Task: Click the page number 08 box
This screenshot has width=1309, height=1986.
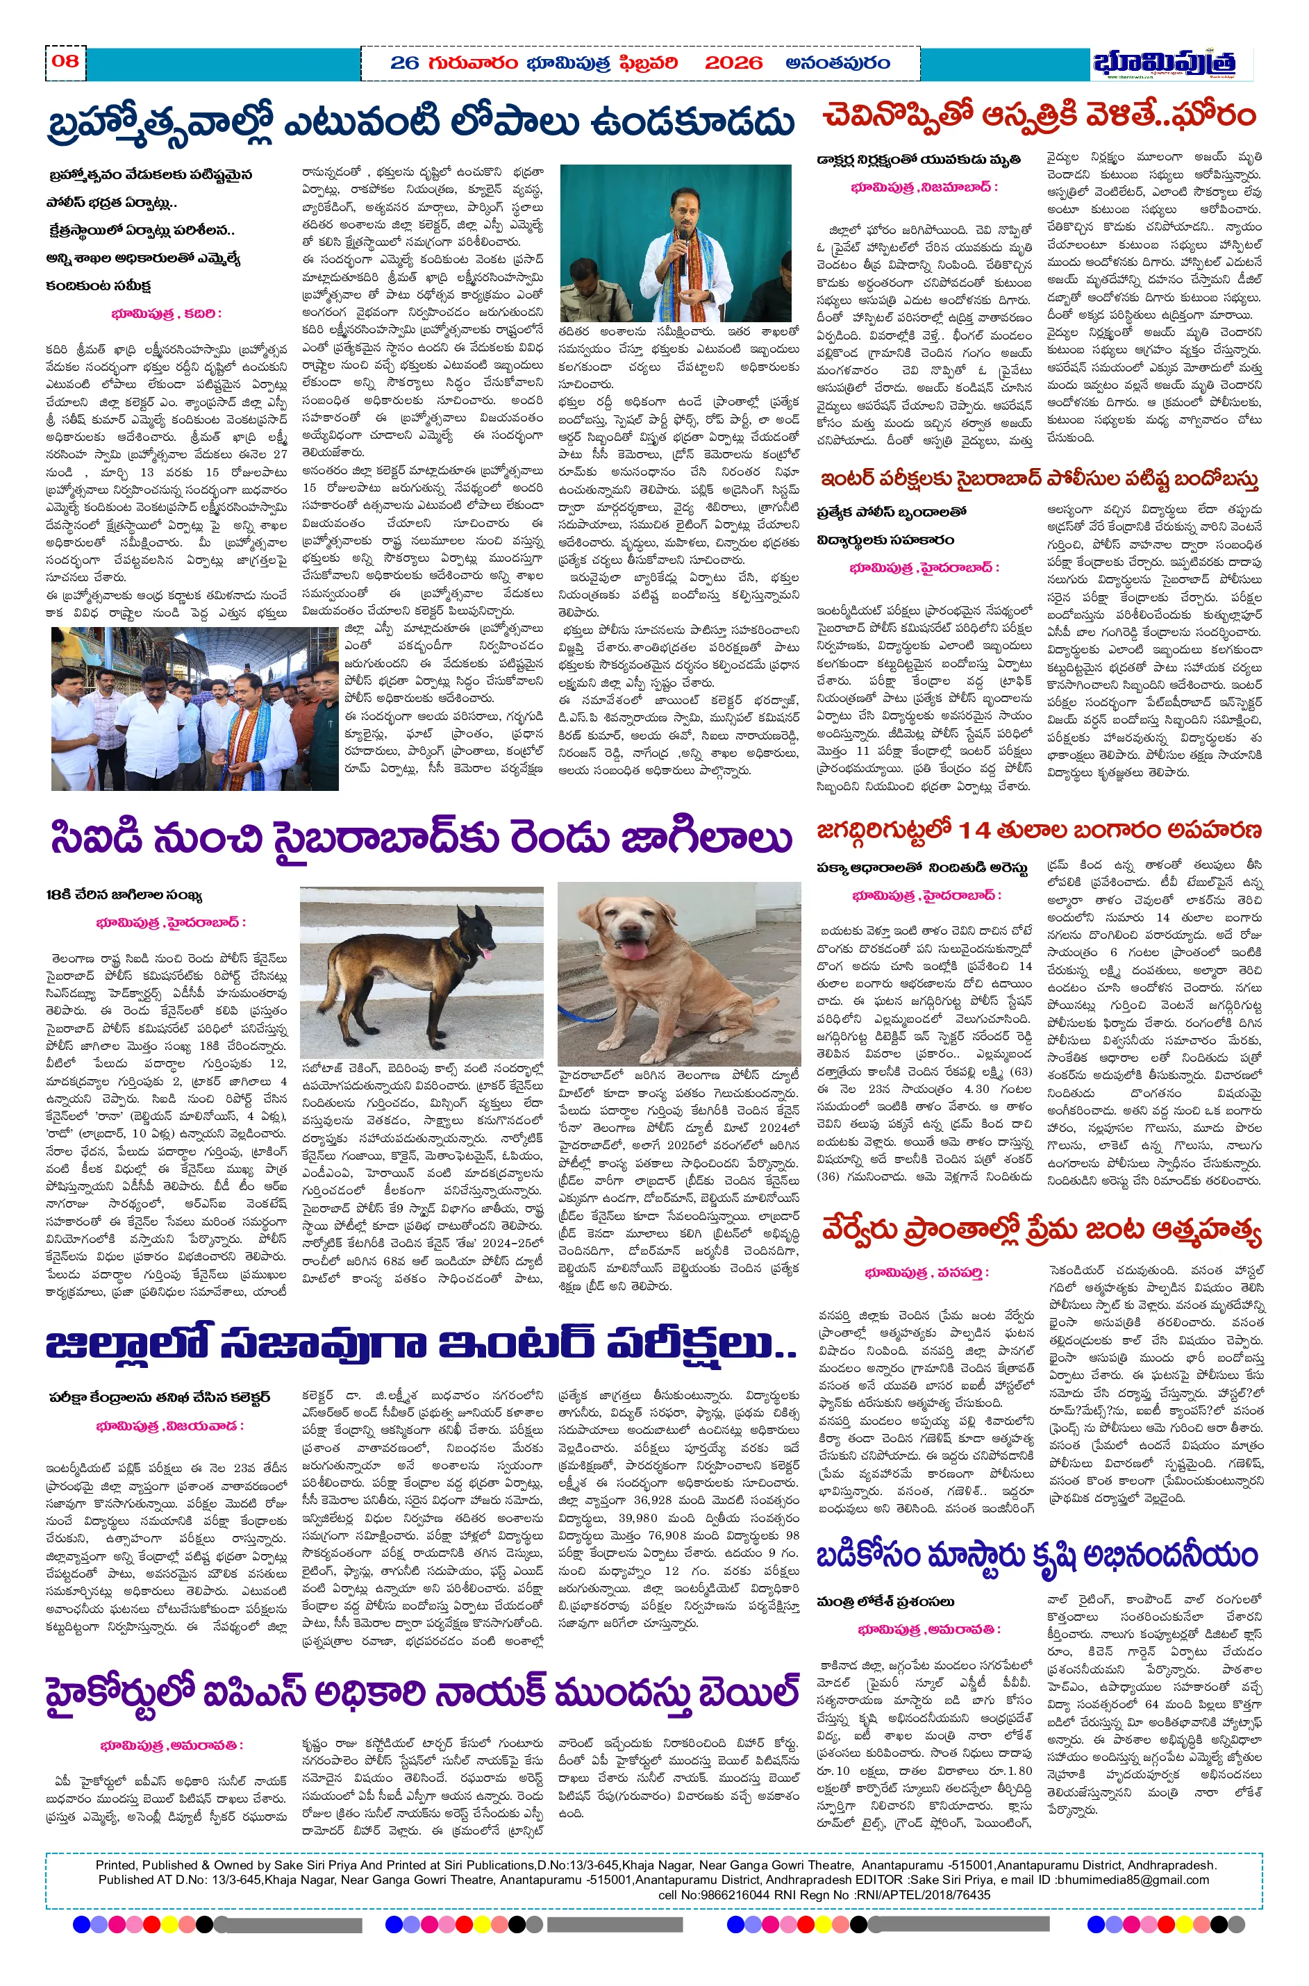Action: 65,62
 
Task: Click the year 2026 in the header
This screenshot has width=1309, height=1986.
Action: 733,63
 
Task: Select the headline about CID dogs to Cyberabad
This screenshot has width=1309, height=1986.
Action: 422,838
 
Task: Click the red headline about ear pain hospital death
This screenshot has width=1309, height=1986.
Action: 1040,115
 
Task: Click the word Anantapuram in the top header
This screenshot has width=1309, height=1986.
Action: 837,63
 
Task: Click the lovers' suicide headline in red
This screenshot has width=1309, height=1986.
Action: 1040,1230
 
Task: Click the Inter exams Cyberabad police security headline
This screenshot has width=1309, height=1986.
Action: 1040,479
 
